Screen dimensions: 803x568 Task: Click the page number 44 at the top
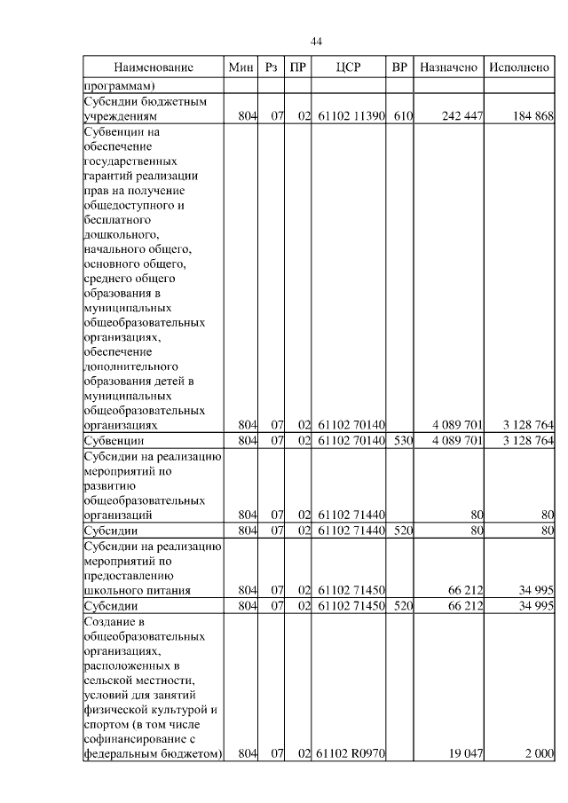(x=317, y=42)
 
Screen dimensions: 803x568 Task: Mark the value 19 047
(x=465, y=753)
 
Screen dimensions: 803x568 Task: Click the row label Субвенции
(x=114, y=440)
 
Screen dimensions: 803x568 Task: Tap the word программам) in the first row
(x=120, y=86)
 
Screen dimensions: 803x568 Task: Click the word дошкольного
(x=122, y=234)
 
